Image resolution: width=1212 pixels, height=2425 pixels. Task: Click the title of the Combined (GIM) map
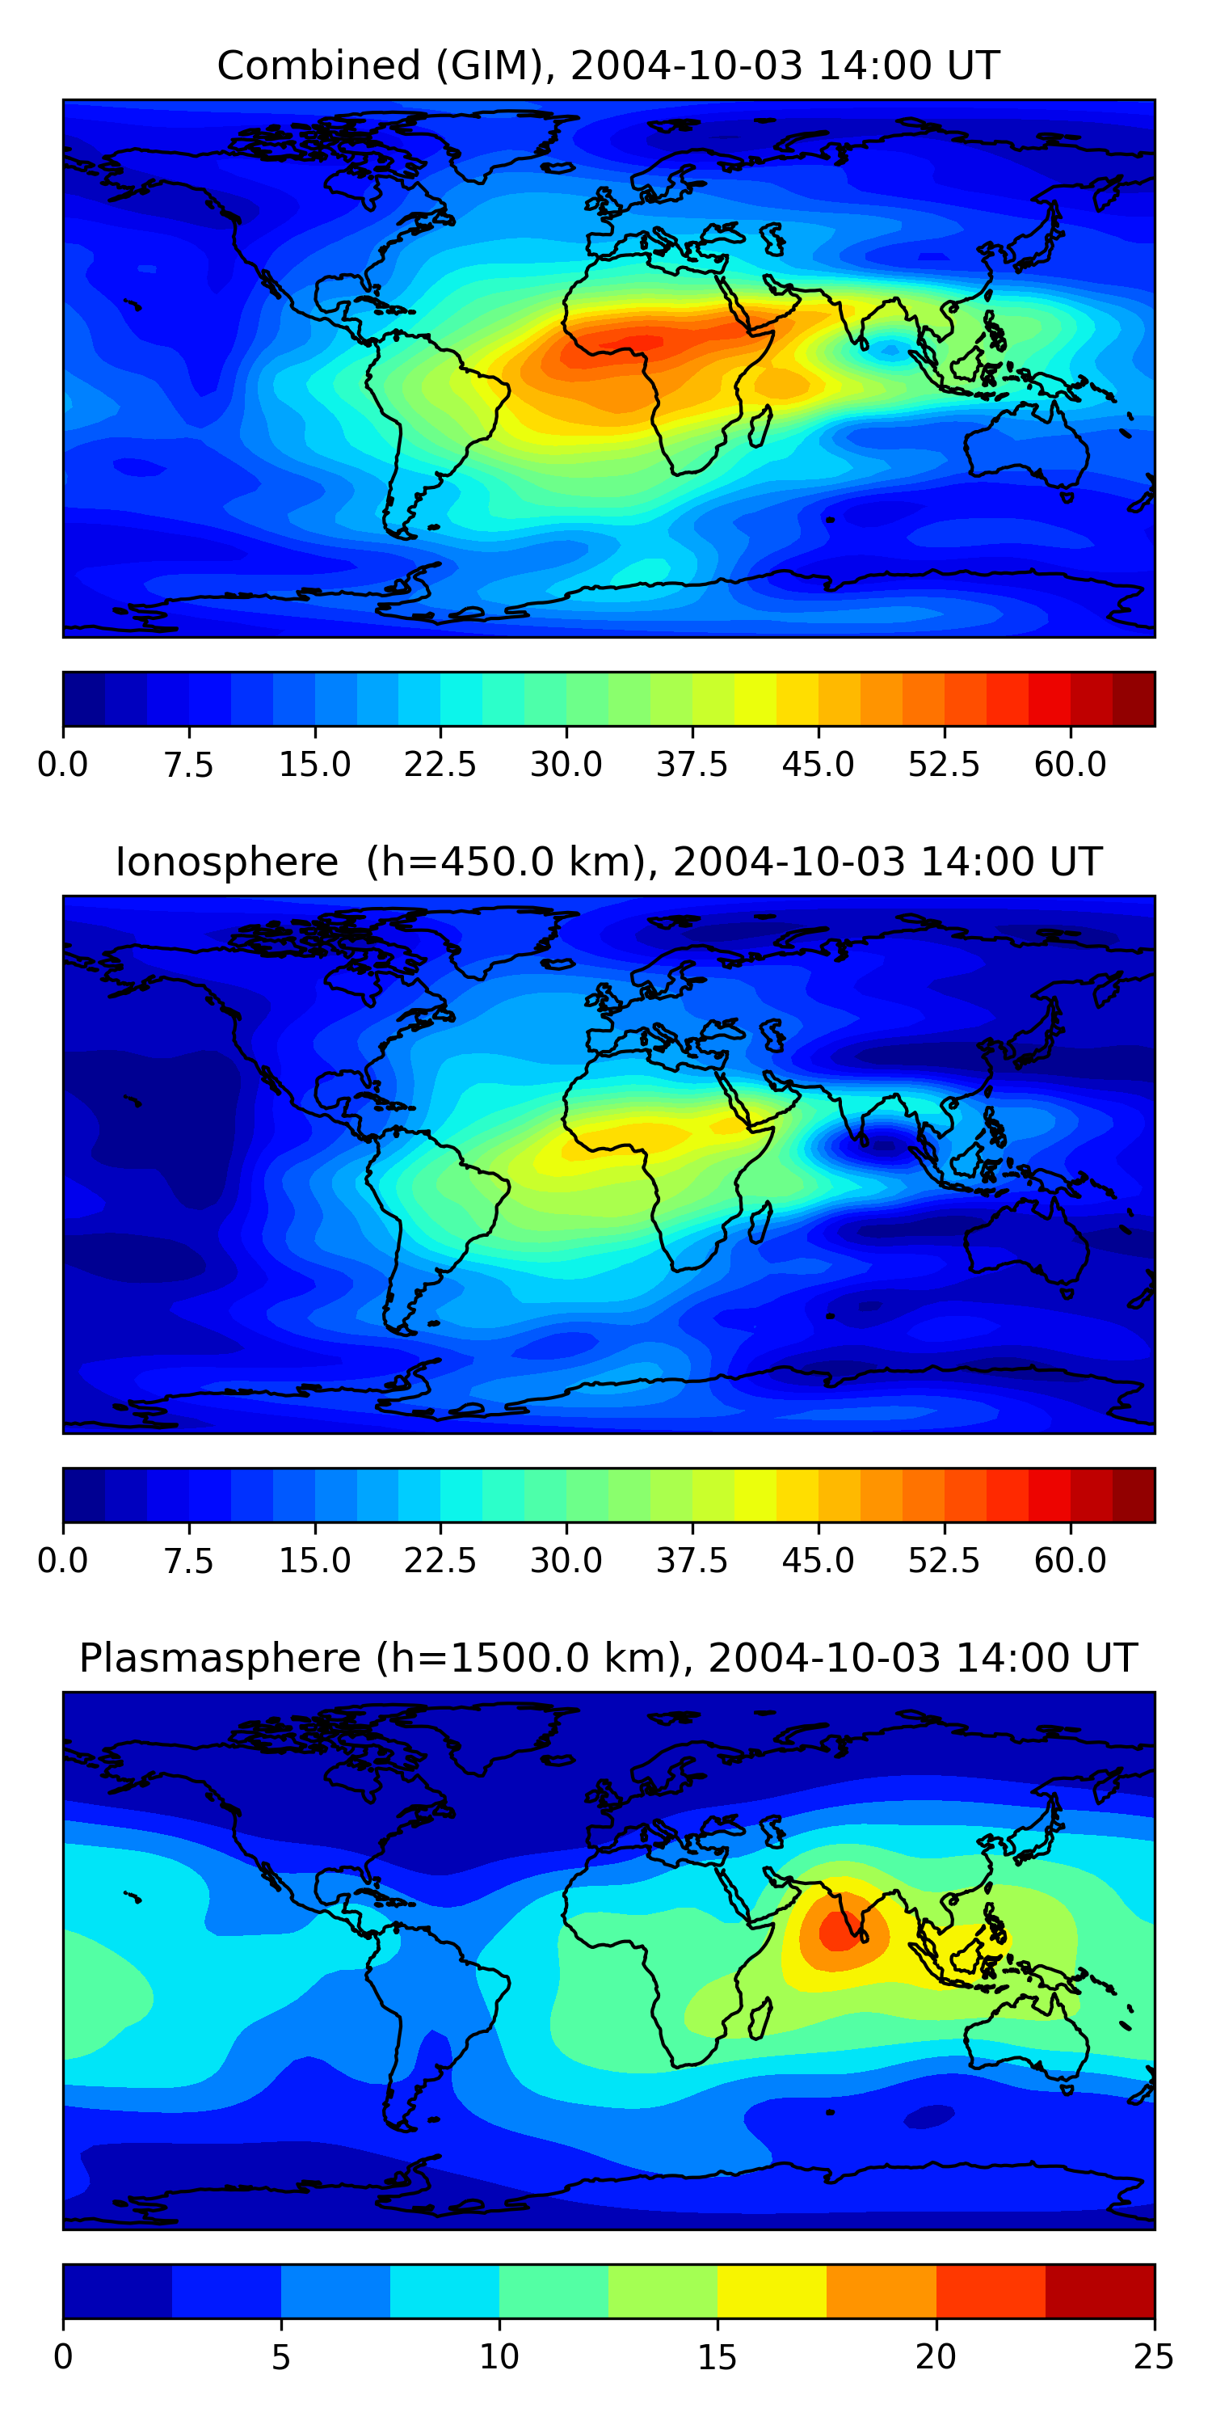[608, 66]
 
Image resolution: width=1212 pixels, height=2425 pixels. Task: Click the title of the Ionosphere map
[608, 862]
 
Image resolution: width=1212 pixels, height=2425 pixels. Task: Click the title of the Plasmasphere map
[608, 1658]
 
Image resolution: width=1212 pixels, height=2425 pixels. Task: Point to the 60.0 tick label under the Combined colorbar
[1070, 765]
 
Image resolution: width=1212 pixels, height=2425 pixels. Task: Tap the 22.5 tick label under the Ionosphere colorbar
[440, 1561]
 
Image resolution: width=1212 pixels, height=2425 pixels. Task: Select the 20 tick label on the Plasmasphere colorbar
[936, 2357]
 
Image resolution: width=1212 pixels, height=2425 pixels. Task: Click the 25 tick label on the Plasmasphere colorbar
[1154, 2357]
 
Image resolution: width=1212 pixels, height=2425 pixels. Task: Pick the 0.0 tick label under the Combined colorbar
[63, 765]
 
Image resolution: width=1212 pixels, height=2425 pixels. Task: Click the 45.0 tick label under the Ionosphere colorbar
[819, 1561]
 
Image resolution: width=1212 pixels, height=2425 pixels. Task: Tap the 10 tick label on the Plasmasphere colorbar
[499, 2357]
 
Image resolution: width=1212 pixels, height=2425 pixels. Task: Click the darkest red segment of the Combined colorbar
[1133, 699]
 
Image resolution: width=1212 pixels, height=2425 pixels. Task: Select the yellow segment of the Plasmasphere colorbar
[772, 2292]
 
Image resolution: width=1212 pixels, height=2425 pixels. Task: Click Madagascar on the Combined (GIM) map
[760, 425]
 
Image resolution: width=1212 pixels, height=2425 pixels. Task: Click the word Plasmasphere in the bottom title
[219, 1658]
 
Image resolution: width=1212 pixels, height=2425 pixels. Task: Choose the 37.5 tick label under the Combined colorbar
[692, 765]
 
